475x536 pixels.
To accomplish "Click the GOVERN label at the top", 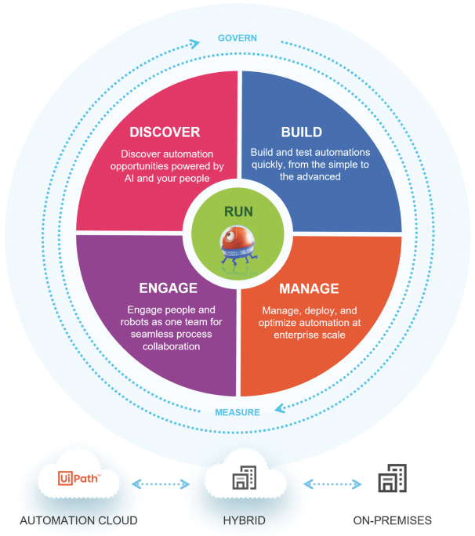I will point(237,38).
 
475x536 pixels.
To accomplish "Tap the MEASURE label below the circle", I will point(237,412).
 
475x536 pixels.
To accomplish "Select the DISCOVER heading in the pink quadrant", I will point(165,132).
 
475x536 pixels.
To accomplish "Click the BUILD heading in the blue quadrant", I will point(302,132).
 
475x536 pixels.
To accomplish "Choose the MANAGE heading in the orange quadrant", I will point(310,288).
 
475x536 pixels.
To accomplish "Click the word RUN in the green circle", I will point(237,212).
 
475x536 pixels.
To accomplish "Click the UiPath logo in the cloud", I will point(78,478).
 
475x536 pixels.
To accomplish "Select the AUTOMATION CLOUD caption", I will point(78,520).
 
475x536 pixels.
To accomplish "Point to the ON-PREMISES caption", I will point(391,520).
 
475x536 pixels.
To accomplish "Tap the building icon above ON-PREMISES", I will point(392,478).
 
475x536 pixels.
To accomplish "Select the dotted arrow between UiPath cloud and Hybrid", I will point(161,483).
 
